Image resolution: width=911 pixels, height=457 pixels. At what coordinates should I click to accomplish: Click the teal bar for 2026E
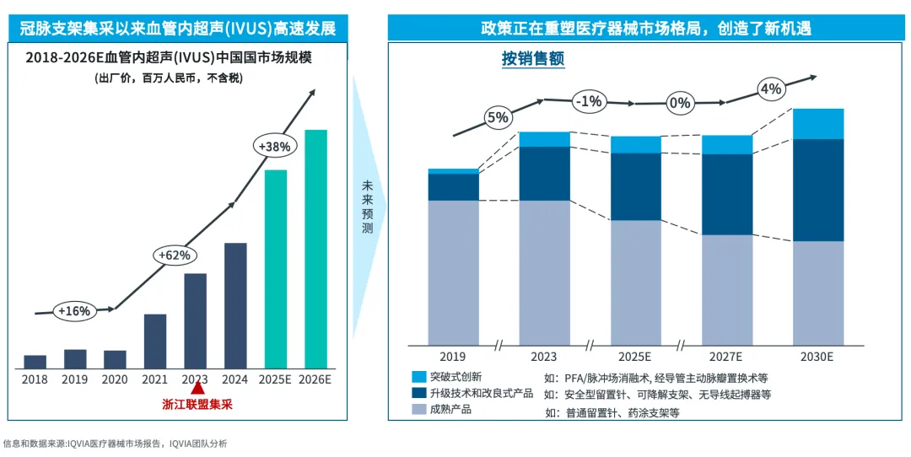[x=315, y=249]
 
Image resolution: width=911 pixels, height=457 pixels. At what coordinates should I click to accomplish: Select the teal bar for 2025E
[x=276, y=269]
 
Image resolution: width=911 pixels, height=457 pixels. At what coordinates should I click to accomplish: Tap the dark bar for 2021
[x=155, y=341]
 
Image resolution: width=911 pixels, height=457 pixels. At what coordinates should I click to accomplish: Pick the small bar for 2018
[x=35, y=362]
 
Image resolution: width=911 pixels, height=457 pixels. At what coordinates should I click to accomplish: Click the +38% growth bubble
[x=274, y=146]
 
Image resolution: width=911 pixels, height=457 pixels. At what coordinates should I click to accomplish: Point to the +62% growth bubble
[x=175, y=254]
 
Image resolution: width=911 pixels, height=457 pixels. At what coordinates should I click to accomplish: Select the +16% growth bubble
[x=73, y=310]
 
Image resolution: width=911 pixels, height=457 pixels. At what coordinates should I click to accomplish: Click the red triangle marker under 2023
[x=197, y=388]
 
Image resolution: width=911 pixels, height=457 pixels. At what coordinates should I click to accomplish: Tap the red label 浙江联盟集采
[x=197, y=405]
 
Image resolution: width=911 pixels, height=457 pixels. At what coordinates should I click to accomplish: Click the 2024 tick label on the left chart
[x=235, y=379]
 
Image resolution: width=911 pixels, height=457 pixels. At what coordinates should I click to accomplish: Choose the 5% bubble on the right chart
[x=498, y=117]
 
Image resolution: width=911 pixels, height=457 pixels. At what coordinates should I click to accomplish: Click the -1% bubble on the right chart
[x=588, y=101]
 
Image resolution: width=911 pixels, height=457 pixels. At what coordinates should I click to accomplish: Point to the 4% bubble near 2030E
[x=771, y=89]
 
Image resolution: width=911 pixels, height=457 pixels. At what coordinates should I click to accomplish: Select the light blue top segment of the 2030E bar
[x=818, y=124]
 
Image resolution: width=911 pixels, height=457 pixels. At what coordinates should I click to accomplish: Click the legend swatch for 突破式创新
[x=419, y=377]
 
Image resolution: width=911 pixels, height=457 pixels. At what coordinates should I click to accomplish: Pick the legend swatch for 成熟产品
[x=419, y=410]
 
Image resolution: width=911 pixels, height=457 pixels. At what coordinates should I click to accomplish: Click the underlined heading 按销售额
[x=532, y=59]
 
